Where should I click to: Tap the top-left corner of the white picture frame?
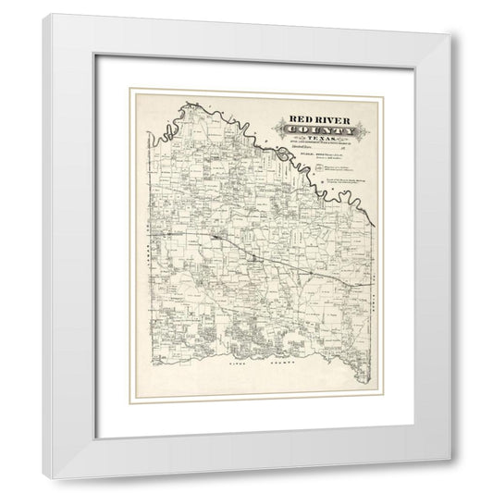point(54,16)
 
